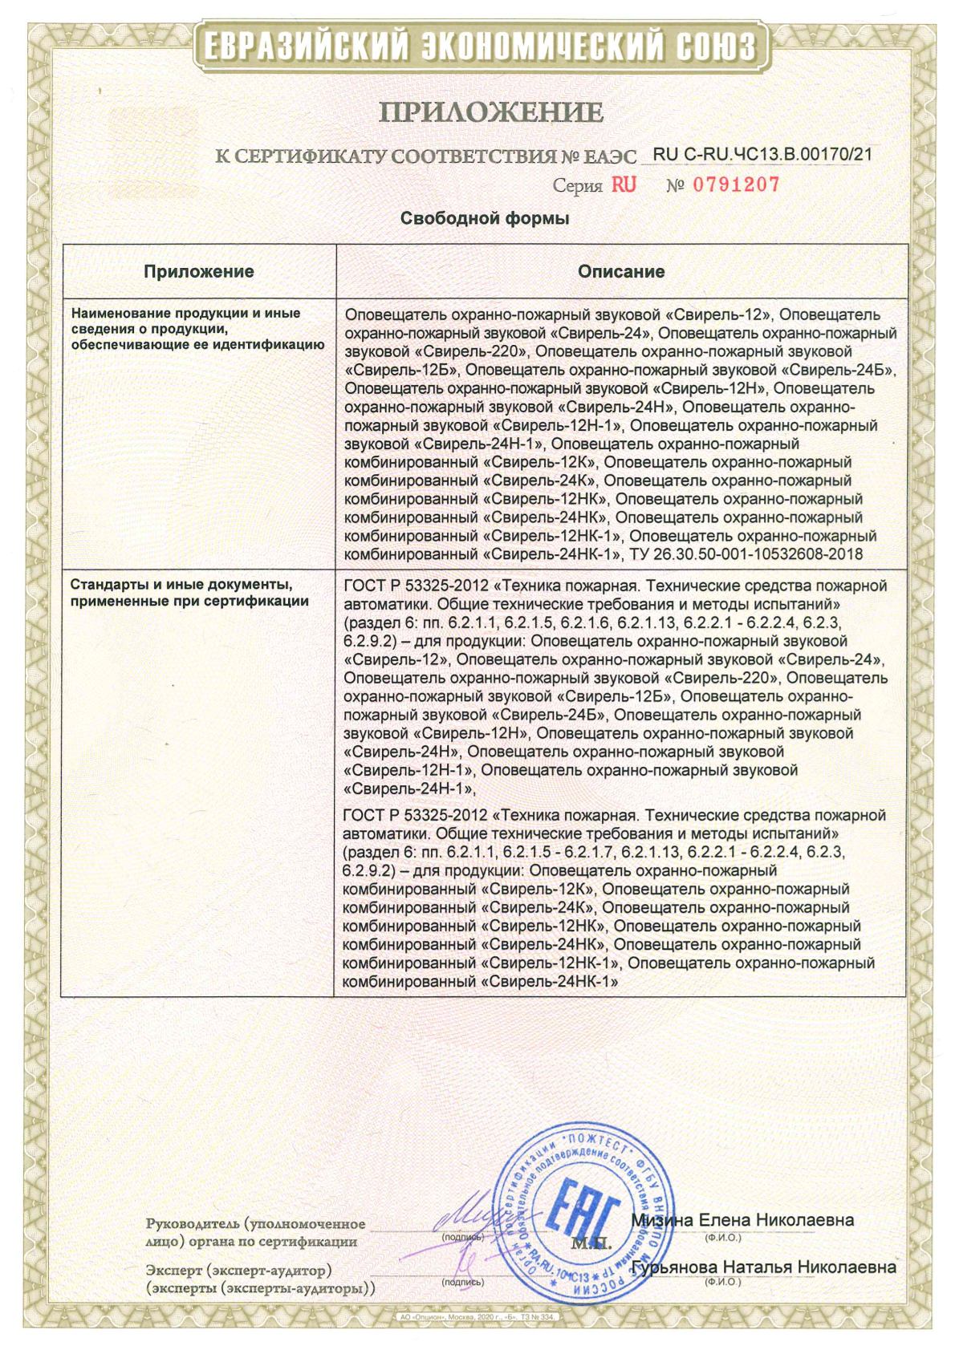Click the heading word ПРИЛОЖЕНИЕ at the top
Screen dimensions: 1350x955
tap(490, 112)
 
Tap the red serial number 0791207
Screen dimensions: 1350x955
tap(736, 185)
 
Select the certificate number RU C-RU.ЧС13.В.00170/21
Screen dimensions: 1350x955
tap(762, 155)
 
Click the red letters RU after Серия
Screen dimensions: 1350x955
tap(624, 185)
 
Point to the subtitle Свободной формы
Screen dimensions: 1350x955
tap(485, 219)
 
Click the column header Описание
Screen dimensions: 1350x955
tap(621, 272)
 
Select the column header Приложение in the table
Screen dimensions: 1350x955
tap(199, 272)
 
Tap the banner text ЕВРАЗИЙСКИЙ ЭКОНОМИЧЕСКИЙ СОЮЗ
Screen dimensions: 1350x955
tap(480, 47)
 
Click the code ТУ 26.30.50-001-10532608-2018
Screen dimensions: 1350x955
tap(746, 554)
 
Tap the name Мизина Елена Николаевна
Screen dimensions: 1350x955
tap(742, 1220)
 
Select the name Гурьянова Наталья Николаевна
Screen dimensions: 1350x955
tap(764, 1267)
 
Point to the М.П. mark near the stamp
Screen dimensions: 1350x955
tap(591, 1245)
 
